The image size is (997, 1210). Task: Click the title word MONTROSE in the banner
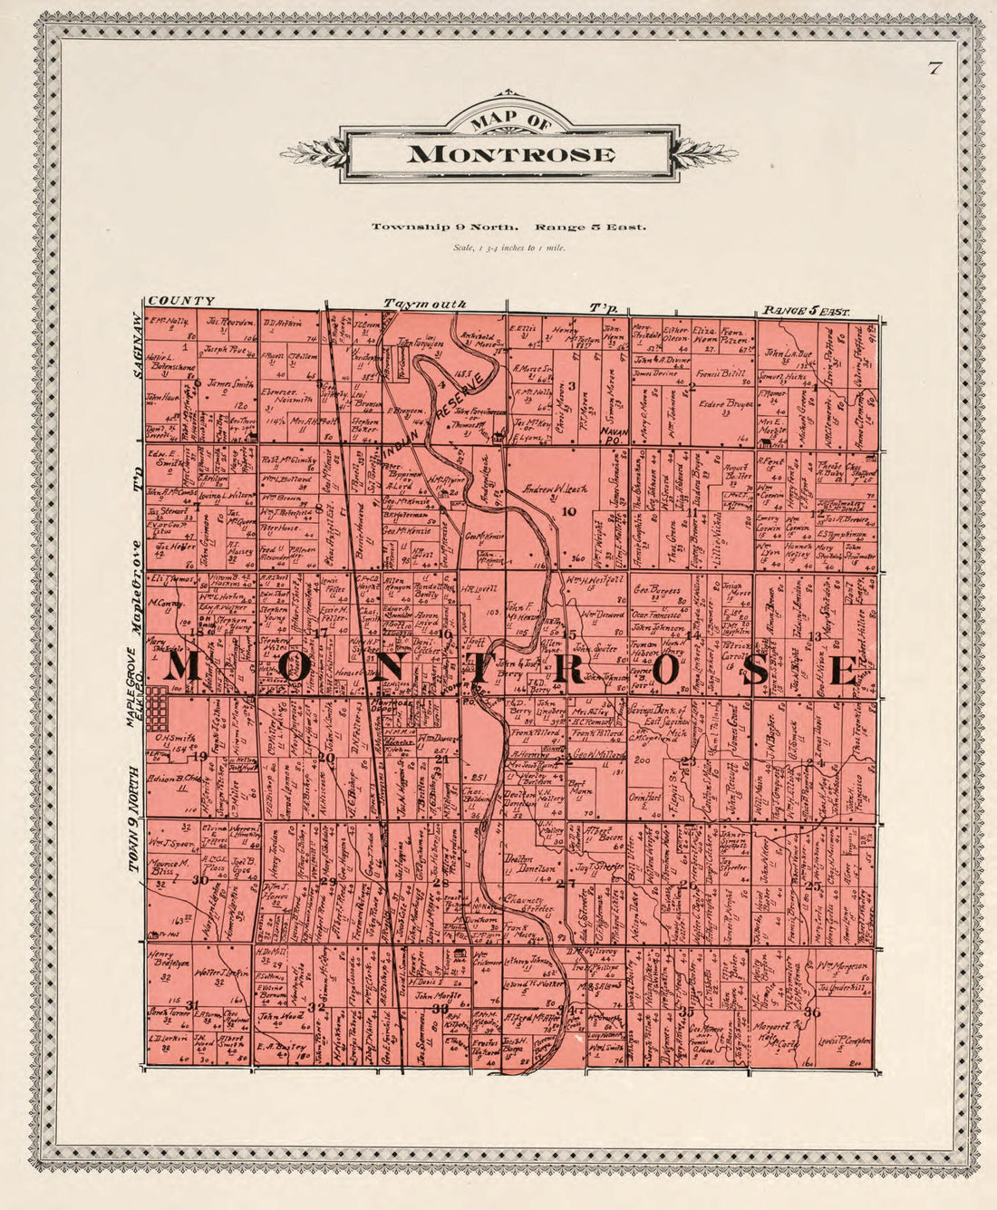point(510,154)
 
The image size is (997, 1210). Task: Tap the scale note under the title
point(508,247)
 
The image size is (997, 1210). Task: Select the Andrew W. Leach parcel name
point(555,489)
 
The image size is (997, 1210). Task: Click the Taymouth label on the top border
point(424,304)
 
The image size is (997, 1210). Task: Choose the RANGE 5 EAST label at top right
point(807,311)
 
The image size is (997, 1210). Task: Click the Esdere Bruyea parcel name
point(726,404)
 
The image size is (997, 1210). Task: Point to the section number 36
point(811,1012)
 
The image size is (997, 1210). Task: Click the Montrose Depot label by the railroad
point(396,708)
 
